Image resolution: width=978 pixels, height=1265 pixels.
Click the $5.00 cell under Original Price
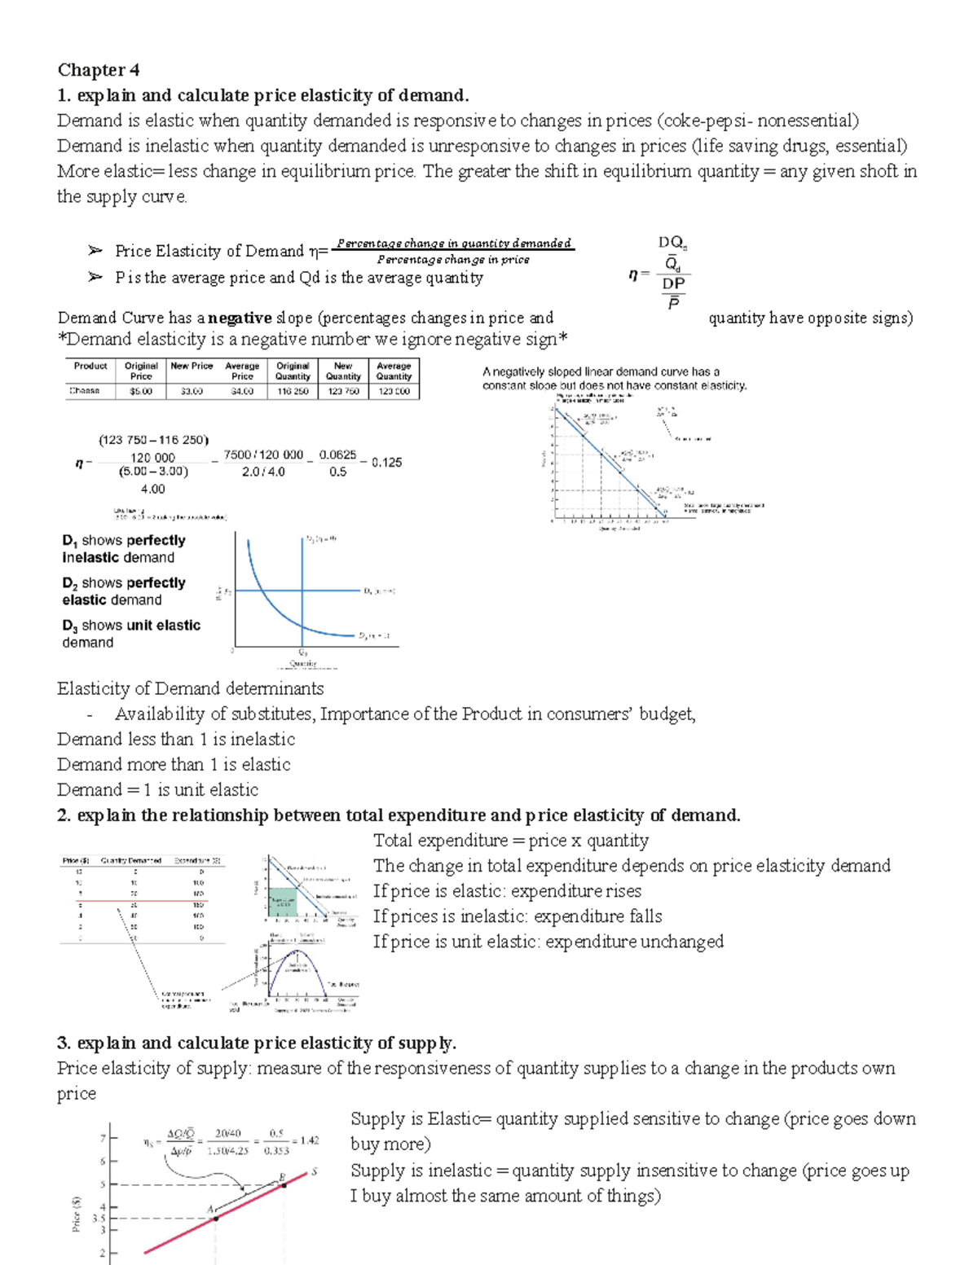click(140, 391)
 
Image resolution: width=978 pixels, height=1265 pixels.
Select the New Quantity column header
click(343, 371)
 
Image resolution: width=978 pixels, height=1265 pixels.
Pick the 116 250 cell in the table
click(293, 391)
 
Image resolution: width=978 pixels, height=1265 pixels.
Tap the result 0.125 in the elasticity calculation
click(386, 462)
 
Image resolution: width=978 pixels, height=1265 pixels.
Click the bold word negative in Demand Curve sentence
click(240, 318)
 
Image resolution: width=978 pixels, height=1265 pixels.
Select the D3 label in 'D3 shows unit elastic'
click(69, 626)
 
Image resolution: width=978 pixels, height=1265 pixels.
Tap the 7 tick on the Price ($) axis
click(103, 1138)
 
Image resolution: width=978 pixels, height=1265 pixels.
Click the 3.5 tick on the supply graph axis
click(99, 1219)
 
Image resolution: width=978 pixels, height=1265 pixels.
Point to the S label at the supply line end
click(314, 1172)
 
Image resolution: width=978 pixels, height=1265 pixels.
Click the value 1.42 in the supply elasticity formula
click(309, 1140)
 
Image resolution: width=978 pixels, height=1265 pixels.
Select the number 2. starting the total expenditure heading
click(64, 815)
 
